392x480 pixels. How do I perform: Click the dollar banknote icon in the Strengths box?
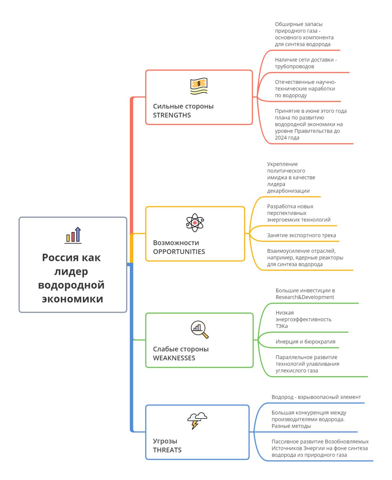click(199, 86)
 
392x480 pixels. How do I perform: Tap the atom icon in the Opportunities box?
click(195, 223)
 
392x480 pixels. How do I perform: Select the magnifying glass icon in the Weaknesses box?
click(200, 329)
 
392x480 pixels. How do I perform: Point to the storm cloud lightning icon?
click(197, 421)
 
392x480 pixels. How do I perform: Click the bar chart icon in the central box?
click(73, 235)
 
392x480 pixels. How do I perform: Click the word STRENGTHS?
click(172, 115)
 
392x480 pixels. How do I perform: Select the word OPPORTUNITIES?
click(179, 252)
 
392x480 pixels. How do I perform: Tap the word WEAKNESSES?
click(174, 358)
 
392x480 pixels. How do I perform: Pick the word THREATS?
click(167, 450)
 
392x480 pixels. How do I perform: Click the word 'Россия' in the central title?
click(60, 257)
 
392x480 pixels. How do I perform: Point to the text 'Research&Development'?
click(305, 297)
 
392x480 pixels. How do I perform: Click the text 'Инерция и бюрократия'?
click(306, 341)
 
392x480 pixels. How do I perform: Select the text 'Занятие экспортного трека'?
click(301, 235)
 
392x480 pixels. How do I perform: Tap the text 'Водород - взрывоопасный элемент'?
click(316, 397)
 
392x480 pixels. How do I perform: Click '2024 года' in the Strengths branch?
click(287, 138)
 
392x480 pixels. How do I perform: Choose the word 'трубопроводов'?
click(295, 66)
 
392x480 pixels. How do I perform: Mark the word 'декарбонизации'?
click(288, 191)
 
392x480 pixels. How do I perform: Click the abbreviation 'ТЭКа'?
click(282, 326)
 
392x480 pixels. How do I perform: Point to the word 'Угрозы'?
click(165, 441)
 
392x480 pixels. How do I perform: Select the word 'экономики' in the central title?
click(73, 299)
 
